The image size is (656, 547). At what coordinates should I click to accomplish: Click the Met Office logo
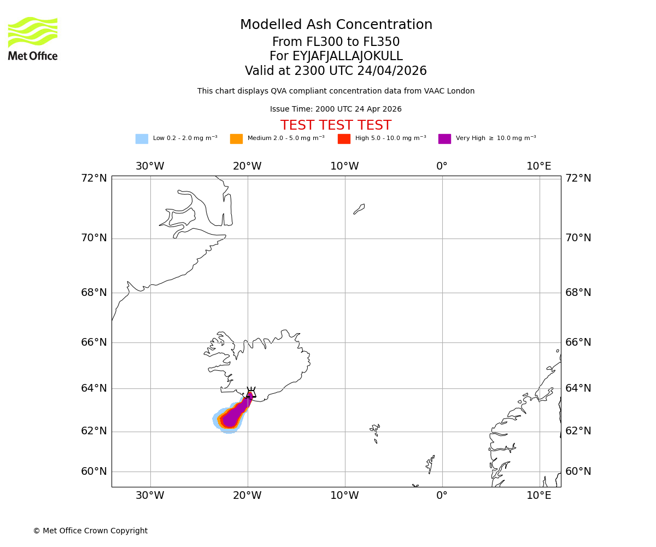coord(33,38)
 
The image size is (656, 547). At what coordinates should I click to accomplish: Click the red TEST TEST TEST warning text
coord(336,125)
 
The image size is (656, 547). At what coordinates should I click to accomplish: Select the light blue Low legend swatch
coord(142,139)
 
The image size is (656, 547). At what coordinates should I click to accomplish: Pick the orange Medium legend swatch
coord(236,139)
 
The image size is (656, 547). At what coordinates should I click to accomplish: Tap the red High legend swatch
coord(344,139)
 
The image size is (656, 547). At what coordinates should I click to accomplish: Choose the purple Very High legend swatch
coord(444,139)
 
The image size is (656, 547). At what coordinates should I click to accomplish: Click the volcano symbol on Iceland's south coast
coord(251,393)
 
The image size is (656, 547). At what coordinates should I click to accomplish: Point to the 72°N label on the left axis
coord(94,178)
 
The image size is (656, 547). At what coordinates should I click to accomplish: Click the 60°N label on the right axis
coord(578,472)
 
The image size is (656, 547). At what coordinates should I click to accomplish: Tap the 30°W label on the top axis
coord(150,166)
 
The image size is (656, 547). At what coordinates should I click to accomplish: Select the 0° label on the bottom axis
coord(442,496)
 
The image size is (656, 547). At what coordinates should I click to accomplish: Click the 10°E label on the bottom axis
coord(538,496)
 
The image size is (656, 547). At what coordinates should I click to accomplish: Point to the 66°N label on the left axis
coord(94,342)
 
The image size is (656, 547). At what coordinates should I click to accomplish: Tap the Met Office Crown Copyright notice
coord(90,531)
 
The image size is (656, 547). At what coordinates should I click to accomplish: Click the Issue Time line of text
coord(336,109)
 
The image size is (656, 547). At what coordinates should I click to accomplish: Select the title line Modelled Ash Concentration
coord(336,25)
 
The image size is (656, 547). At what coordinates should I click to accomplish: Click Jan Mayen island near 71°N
coord(359,209)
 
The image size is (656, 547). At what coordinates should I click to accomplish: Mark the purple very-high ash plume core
coord(232,418)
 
